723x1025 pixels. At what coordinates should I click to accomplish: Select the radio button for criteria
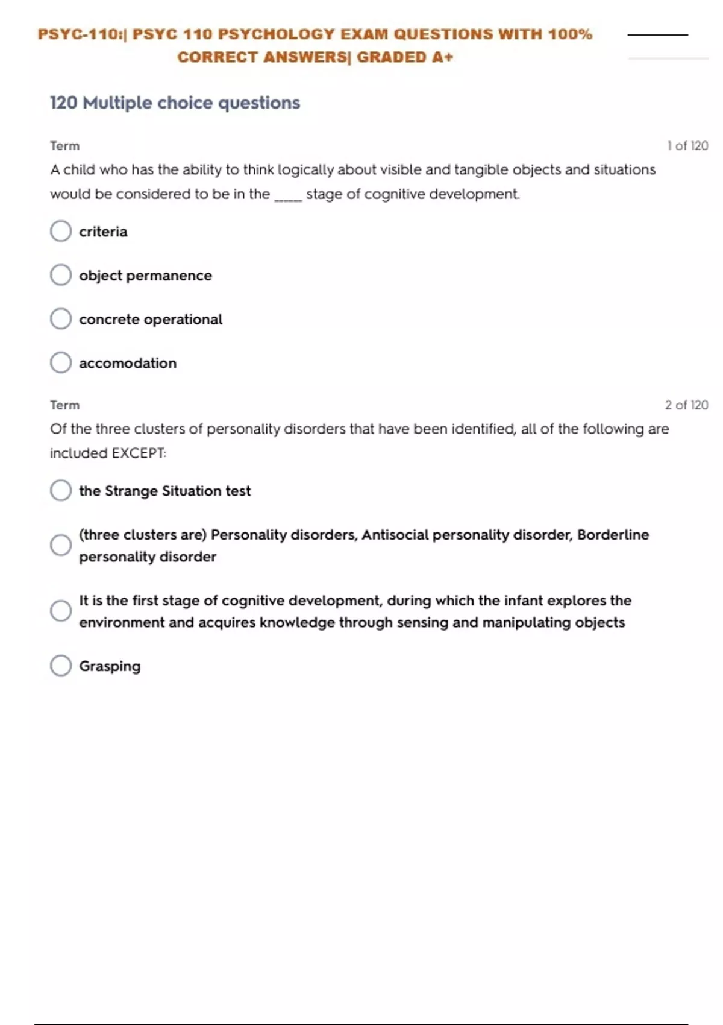pos(61,231)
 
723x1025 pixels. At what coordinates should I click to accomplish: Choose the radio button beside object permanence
pos(61,275)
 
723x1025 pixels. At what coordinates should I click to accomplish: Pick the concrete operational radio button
pos(61,319)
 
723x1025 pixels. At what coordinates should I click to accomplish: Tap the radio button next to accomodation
pos(61,362)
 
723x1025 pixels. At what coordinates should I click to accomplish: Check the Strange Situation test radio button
pos(61,490)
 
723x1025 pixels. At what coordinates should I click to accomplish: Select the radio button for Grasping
pos(61,666)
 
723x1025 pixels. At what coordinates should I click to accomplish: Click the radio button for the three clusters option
pos(61,545)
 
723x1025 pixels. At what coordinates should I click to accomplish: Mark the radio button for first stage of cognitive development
pos(61,611)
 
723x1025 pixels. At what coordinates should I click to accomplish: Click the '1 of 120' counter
pos(687,146)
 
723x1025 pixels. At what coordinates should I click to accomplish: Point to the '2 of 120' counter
pos(686,405)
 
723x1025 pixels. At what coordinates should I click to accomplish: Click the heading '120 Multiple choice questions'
pos(175,103)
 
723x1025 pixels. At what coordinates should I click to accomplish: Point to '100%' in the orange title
pos(570,34)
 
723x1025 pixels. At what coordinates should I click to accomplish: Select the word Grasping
pos(110,666)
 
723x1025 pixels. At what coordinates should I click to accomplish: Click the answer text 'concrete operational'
pos(151,320)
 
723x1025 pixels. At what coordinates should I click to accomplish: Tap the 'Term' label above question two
pos(64,405)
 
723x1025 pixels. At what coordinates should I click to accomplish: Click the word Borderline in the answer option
pos(613,535)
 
